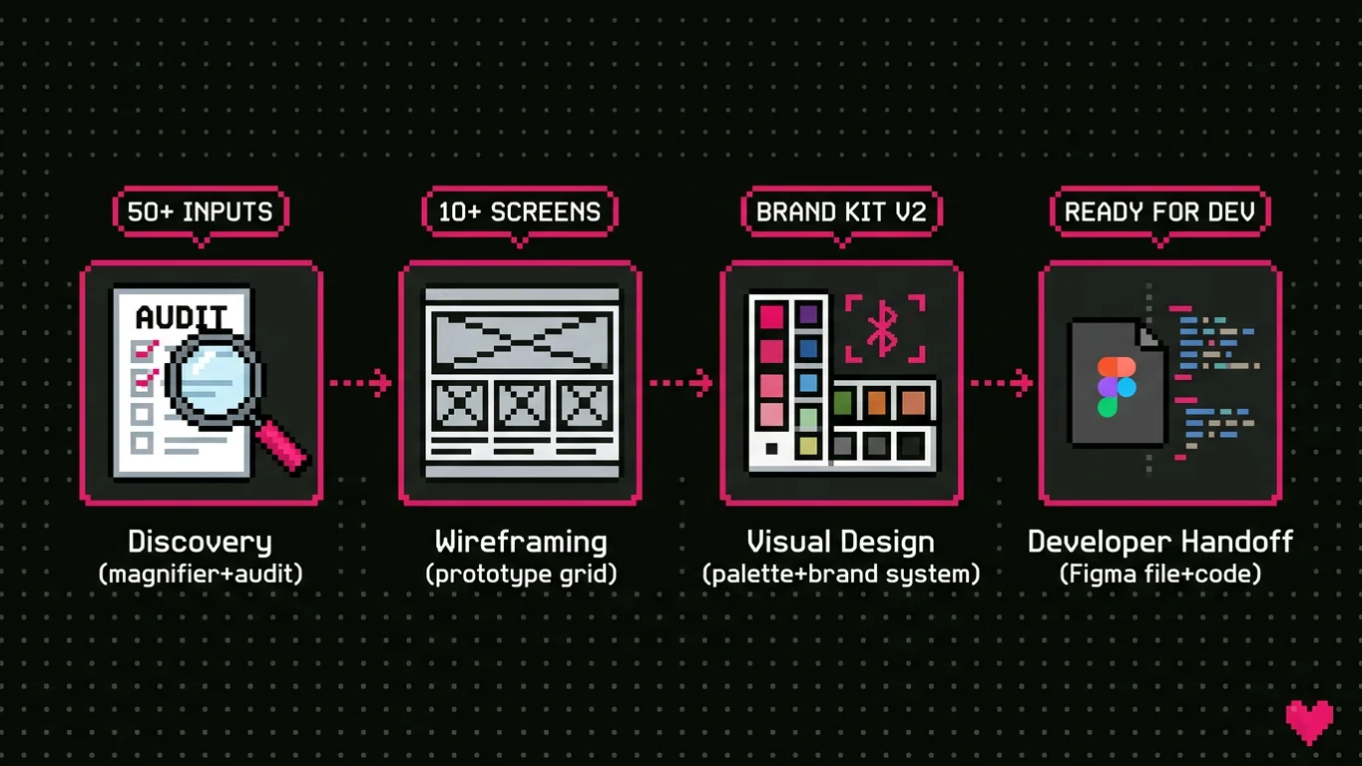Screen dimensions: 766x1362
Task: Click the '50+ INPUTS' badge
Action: click(201, 211)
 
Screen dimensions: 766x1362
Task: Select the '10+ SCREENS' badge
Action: click(520, 211)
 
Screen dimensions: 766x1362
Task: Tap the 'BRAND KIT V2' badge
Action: click(841, 211)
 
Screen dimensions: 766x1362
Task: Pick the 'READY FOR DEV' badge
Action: click(1159, 211)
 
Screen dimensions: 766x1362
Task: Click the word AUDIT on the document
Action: click(181, 317)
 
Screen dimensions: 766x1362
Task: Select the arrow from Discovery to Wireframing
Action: click(360, 382)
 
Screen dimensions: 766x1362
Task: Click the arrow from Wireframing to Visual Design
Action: click(681, 382)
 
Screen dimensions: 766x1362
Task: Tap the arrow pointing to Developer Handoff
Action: click(1001, 382)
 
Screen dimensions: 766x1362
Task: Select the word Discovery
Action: click(200, 542)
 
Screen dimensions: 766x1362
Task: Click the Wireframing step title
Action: click(520, 542)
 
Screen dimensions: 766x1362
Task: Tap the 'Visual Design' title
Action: click(841, 542)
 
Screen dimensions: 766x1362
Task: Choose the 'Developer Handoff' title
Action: click(1159, 542)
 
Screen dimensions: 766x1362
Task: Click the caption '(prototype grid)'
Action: click(520, 574)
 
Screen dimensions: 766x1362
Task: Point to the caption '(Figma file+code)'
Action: click(1159, 574)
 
